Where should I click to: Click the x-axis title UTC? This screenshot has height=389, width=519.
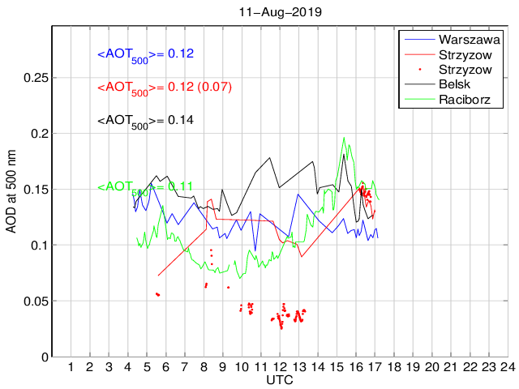280,379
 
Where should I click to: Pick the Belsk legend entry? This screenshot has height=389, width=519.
454,85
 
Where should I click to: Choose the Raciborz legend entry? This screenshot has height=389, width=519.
461,100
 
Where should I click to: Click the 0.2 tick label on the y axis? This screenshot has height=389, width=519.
37,134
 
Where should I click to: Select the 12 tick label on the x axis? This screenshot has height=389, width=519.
280,367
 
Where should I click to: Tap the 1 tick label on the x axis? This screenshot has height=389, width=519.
71,367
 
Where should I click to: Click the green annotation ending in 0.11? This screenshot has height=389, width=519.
145,187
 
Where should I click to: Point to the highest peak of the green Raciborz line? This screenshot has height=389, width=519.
344,138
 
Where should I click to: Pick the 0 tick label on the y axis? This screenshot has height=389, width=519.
44,357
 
